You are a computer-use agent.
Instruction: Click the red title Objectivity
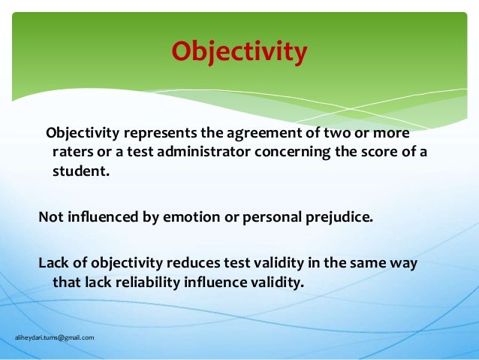click(239, 52)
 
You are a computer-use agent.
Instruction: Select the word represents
click(160, 134)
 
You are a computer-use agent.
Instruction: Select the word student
click(80, 171)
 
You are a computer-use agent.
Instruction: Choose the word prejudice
click(335, 218)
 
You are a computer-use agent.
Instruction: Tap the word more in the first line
click(392, 134)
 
